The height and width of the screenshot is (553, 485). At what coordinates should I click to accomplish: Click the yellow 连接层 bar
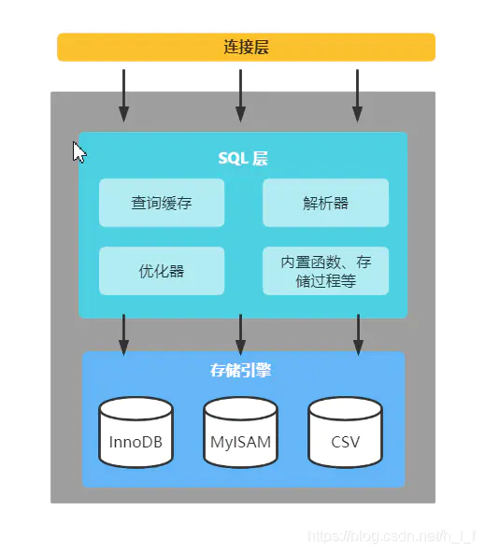tap(246, 48)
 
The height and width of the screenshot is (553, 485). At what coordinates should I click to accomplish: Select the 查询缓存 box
tap(162, 203)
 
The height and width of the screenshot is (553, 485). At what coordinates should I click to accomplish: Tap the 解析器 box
tap(325, 203)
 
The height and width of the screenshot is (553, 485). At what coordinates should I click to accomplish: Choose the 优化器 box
tap(162, 271)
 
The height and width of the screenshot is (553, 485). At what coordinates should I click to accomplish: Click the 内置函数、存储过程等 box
tap(325, 271)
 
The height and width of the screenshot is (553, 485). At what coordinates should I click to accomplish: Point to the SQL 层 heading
tap(244, 158)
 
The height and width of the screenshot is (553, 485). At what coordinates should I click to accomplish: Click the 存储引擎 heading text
tap(241, 370)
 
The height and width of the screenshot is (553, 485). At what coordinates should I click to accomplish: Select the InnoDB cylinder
tap(136, 432)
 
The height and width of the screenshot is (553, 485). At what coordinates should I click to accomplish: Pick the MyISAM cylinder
tap(240, 432)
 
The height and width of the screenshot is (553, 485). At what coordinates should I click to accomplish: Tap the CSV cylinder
tap(345, 432)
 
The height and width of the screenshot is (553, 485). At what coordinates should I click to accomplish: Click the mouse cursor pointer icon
tap(79, 152)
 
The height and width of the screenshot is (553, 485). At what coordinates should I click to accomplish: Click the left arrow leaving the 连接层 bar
tap(123, 93)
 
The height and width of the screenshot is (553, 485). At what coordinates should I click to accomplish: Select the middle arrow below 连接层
tap(240, 93)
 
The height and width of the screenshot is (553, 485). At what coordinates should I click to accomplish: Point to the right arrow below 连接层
tap(357, 93)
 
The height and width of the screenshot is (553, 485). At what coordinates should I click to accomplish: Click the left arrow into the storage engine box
tap(123, 334)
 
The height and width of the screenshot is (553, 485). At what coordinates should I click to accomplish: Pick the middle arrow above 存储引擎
tap(240, 334)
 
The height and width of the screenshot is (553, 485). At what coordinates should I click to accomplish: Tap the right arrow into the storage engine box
tap(357, 334)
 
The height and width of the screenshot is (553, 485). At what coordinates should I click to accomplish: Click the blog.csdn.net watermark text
tap(392, 536)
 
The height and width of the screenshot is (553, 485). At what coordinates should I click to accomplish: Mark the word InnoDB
tap(136, 440)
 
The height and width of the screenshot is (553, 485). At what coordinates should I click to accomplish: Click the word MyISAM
tap(240, 440)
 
